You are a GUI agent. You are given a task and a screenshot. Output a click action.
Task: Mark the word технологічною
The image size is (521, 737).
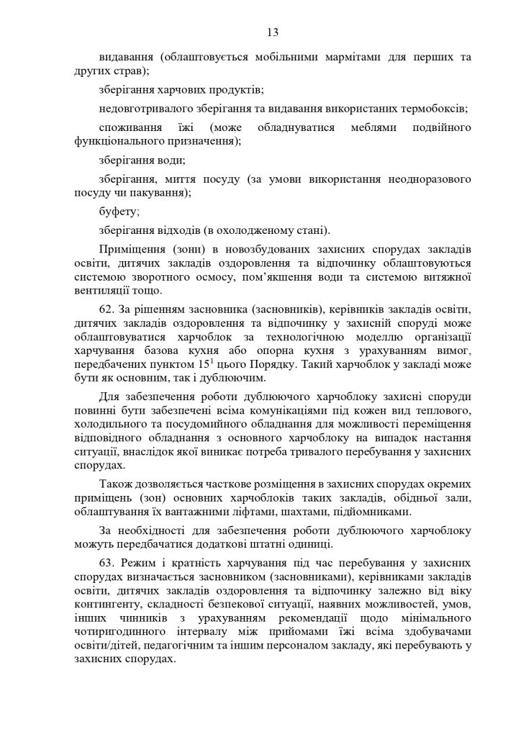pos(287,335)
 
